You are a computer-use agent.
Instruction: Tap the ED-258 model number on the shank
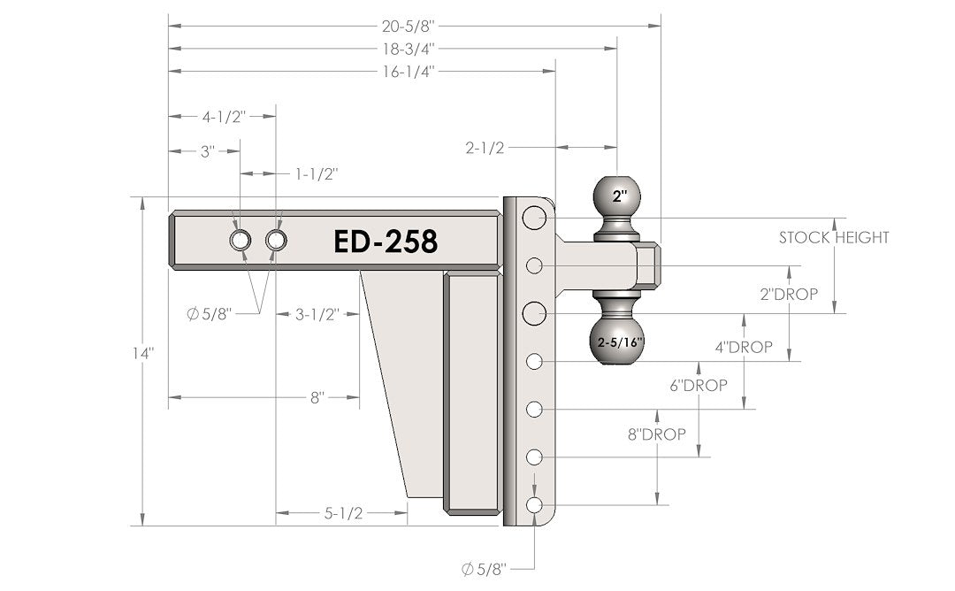(x=386, y=241)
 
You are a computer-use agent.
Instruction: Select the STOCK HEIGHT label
(x=833, y=237)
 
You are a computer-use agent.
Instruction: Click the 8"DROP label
(x=657, y=434)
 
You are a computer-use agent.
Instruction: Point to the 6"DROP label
(x=699, y=385)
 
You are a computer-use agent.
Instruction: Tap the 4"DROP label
(x=744, y=348)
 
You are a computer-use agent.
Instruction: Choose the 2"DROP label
(x=789, y=294)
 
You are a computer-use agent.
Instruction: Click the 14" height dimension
(x=141, y=351)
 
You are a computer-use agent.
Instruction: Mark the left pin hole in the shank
(x=241, y=240)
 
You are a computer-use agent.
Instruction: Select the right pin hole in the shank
(x=276, y=240)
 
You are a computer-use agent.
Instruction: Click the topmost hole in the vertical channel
(x=533, y=218)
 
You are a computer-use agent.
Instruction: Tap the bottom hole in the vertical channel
(x=534, y=504)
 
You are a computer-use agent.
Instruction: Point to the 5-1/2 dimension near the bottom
(x=344, y=512)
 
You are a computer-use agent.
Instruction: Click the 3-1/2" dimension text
(x=317, y=313)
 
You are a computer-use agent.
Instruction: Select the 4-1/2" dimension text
(x=222, y=116)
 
